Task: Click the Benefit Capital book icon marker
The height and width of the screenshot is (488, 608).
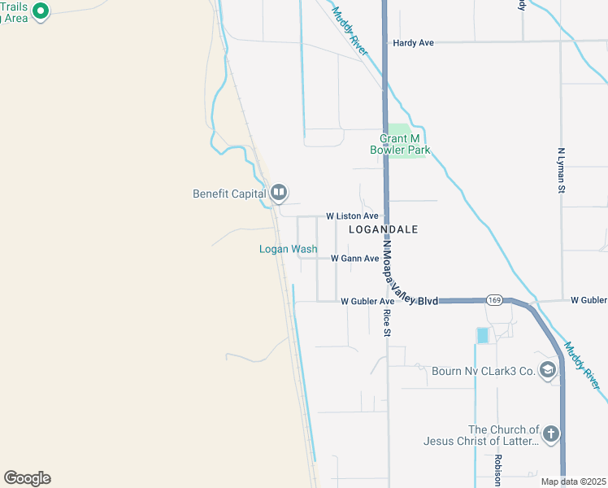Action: pos(279,192)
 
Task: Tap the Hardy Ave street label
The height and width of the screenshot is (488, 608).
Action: pos(413,42)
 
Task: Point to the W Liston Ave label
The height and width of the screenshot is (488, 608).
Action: pos(352,216)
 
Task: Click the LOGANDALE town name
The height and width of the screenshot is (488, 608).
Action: pos(383,230)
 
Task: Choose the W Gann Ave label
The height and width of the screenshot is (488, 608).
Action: pos(354,259)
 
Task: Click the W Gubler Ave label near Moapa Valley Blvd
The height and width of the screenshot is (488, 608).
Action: pos(367,301)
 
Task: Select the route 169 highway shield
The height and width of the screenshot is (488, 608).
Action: pos(494,300)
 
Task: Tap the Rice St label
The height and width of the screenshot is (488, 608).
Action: pos(388,323)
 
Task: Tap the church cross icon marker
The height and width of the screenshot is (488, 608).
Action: pos(551,434)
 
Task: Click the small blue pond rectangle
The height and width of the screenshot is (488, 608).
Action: pos(483,334)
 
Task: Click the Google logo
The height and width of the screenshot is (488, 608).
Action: pos(27,478)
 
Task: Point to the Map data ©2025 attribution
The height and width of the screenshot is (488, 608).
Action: pos(573,481)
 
